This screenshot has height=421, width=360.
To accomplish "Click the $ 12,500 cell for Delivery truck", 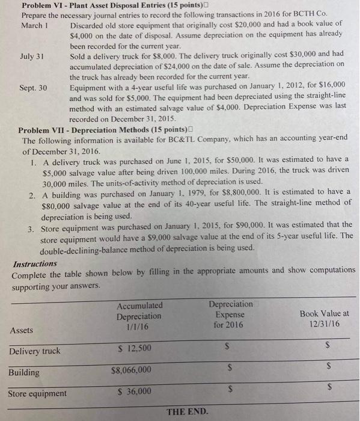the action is tap(135, 348).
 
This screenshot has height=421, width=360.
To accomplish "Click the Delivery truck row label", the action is tap(35, 351).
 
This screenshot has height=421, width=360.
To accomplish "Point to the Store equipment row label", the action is tap(37, 394).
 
